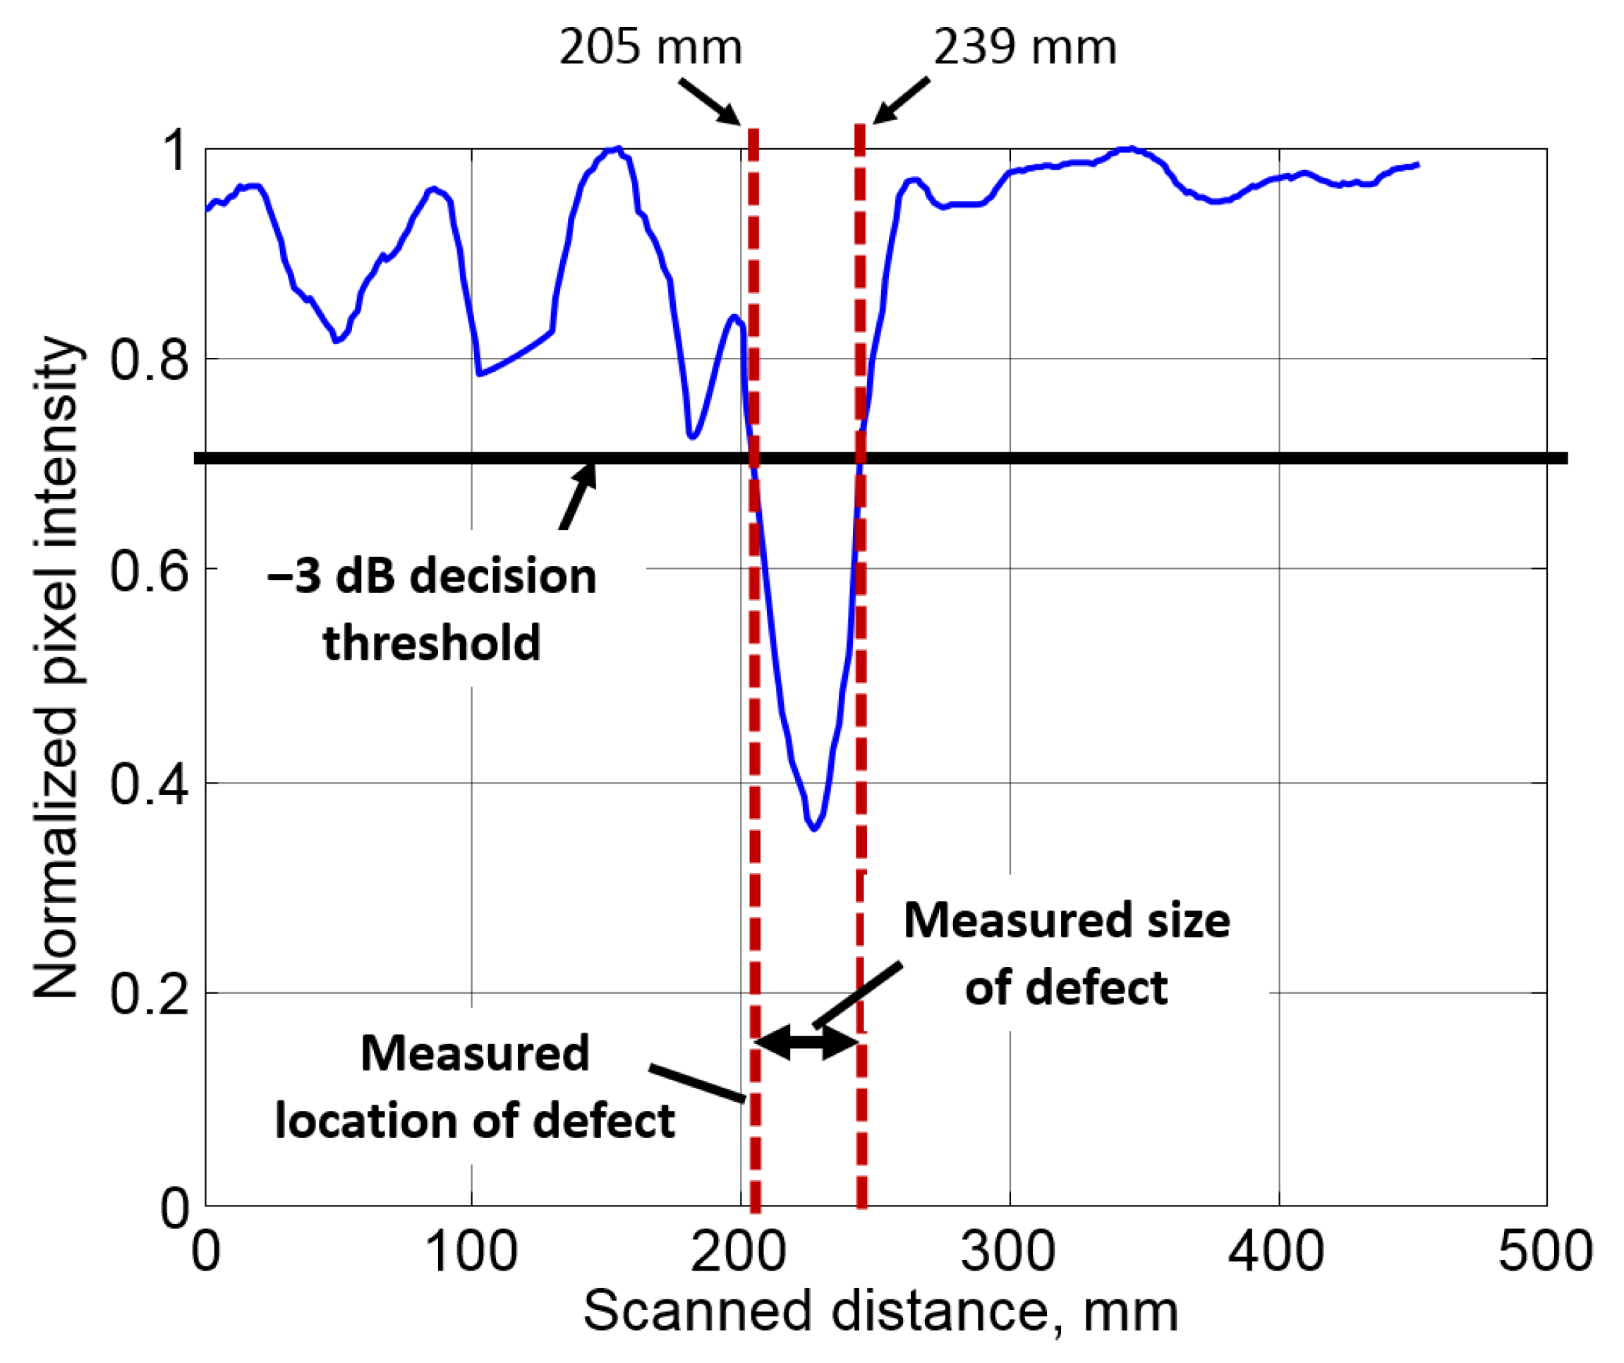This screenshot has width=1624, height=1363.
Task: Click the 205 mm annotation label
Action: click(x=650, y=48)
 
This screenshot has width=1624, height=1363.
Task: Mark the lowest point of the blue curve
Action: click(x=813, y=829)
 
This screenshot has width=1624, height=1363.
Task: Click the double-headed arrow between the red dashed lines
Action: click(x=807, y=1042)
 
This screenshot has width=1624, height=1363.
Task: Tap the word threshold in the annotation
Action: click(x=432, y=644)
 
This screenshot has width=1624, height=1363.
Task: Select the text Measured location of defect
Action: click(x=475, y=1087)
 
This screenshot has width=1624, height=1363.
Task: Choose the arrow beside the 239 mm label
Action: click(x=901, y=100)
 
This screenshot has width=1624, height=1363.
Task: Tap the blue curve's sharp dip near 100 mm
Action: click(x=480, y=374)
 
